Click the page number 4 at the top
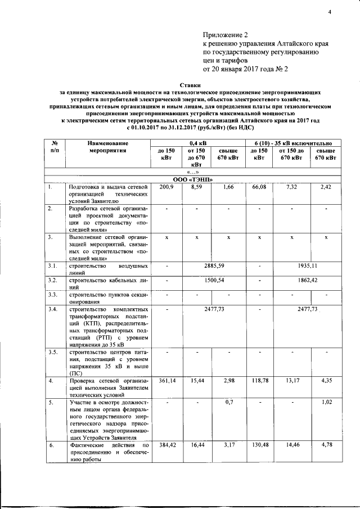[x=331, y=13]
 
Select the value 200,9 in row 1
[x=167, y=186]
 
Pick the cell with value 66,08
[x=259, y=186]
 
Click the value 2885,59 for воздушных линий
[x=214, y=264]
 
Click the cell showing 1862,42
[x=306, y=279]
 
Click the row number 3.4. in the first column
[x=53, y=309]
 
